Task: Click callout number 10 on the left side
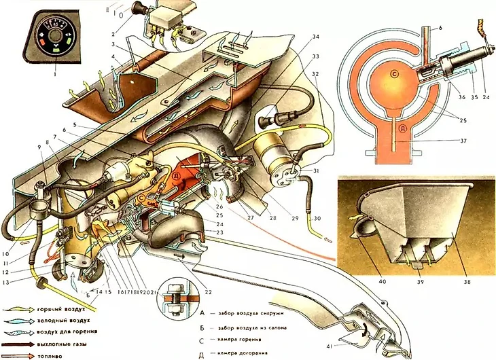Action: point(6,236)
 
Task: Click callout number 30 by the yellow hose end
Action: point(317,219)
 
